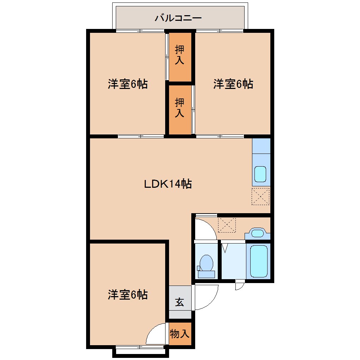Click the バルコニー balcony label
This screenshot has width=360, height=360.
178,18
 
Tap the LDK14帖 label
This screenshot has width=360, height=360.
168,184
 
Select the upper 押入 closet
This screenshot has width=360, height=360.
180,57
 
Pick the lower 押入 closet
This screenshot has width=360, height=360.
180,110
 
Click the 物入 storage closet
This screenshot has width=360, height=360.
180,334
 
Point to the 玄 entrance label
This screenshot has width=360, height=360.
180,302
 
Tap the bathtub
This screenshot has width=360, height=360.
259,261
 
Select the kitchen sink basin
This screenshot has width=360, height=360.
260,174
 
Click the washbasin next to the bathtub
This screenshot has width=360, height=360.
257,233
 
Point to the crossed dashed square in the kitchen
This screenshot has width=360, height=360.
260,196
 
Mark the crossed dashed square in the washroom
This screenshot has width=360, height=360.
227,225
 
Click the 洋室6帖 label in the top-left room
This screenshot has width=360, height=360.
128,84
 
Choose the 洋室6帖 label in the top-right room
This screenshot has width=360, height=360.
233,84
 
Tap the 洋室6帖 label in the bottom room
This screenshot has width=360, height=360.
128,295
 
